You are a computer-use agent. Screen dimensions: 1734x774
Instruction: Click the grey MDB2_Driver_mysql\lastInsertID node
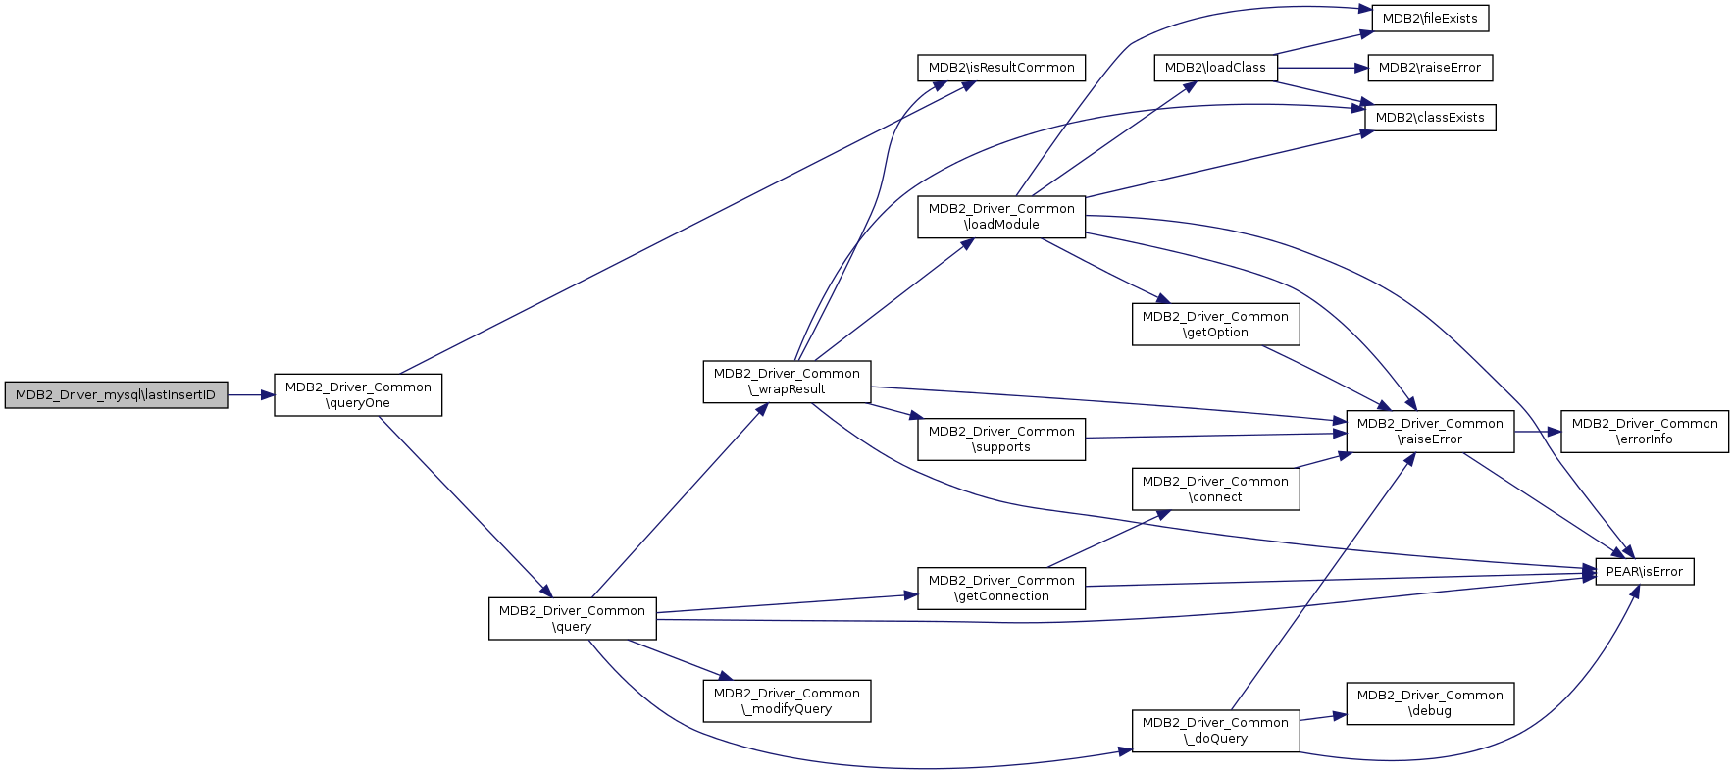pyautogui.click(x=116, y=395)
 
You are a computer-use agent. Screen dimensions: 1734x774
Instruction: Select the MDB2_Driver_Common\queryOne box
pyautogui.click(x=358, y=395)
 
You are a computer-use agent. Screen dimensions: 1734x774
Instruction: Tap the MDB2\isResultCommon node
pyautogui.click(x=1001, y=68)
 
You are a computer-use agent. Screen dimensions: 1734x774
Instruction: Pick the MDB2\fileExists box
pyautogui.click(x=1430, y=19)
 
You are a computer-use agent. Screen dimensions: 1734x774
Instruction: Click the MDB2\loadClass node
pyautogui.click(x=1215, y=68)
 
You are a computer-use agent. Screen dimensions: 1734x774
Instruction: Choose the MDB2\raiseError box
pyautogui.click(x=1430, y=68)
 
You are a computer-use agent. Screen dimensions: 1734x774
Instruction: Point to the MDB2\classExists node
pyautogui.click(x=1430, y=118)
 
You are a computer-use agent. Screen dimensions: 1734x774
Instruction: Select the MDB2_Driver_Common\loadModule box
pyautogui.click(x=1001, y=217)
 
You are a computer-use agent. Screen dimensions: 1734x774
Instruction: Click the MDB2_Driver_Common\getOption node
pyautogui.click(x=1216, y=325)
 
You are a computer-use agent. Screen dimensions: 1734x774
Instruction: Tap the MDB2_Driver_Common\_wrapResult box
pyautogui.click(x=787, y=382)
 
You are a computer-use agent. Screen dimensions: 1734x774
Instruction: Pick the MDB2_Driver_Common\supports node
pyautogui.click(x=1001, y=439)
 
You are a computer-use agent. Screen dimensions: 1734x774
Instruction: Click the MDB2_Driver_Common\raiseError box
pyautogui.click(x=1430, y=432)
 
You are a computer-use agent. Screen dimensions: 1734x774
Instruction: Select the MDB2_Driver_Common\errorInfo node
pyautogui.click(x=1645, y=432)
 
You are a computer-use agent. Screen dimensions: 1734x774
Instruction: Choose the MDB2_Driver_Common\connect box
pyautogui.click(x=1216, y=490)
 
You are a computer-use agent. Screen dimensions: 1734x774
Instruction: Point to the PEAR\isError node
pyautogui.click(x=1645, y=572)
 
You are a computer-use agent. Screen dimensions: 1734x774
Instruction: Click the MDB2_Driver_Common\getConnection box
pyautogui.click(x=1001, y=589)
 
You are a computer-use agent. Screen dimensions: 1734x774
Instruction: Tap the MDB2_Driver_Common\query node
pyautogui.click(x=573, y=619)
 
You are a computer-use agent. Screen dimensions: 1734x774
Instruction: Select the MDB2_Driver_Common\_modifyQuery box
pyautogui.click(x=787, y=701)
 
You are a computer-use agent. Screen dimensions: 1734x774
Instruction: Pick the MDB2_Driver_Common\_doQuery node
pyautogui.click(x=1216, y=731)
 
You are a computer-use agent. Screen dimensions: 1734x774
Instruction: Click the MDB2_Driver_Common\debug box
pyautogui.click(x=1430, y=703)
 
